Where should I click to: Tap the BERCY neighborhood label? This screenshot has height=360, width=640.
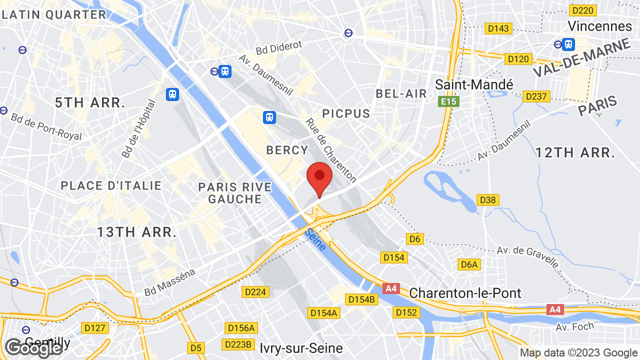287,150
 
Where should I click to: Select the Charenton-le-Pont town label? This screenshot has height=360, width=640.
465,293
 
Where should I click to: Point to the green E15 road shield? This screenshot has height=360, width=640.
448,102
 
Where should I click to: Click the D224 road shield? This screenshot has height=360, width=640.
255,291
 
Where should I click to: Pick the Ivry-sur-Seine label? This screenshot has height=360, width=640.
301,347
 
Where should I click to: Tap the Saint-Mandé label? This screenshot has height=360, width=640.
474,84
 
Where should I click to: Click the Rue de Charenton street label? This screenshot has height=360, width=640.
331,150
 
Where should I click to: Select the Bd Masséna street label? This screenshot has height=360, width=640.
169,282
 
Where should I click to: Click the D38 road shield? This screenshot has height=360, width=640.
487,200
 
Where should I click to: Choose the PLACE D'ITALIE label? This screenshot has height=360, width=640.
111,186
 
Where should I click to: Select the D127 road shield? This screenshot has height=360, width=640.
94,328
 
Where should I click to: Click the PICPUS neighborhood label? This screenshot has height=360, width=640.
346,113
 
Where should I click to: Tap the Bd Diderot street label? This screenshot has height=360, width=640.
279,48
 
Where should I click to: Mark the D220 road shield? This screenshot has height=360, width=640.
582,10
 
